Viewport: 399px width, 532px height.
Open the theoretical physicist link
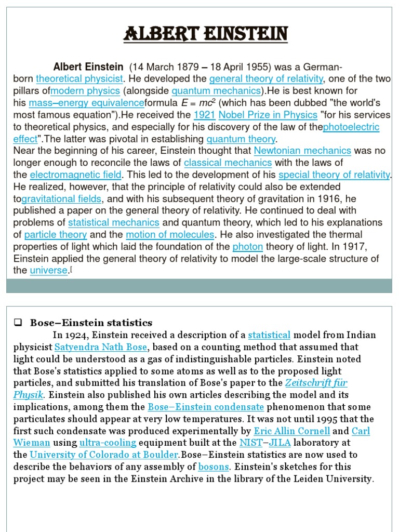pyautogui.click(x=79, y=79)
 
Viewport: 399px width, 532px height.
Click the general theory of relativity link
pyautogui.click(x=266, y=79)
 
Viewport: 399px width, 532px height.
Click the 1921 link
pyautogui.click(x=204, y=115)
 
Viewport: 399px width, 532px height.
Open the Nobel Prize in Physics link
pyautogui.click(x=268, y=115)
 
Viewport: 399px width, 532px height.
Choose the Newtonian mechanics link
pyautogui.click(x=302, y=151)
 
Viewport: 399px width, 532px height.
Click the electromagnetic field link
pyautogui.click(x=75, y=175)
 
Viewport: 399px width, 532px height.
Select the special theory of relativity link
pyautogui.click(x=334, y=175)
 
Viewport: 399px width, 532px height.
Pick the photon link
pyautogui.click(x=247, y=246)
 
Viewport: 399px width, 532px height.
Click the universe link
pyautogui.click(x=48, y=270)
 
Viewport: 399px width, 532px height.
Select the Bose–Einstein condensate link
pyautogui.click(x=206, y=407)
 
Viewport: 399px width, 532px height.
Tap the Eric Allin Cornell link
pyautogui.click(x=291, y=431)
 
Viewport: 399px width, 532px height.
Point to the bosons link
pyautogui.click(x=214, y=467)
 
